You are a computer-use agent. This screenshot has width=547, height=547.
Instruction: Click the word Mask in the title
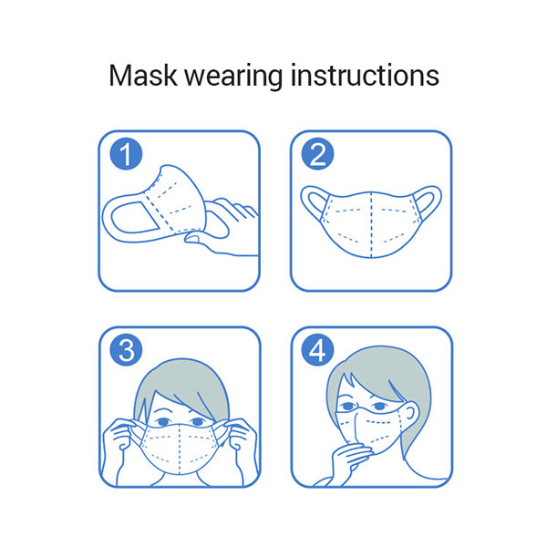(x=143, y=76)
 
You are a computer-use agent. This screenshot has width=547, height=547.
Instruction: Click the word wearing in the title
(x=233, y=77)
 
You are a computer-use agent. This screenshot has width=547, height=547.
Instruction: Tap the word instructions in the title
(x=365, y=76)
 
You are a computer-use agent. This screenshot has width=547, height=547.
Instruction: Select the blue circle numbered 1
(x=127, y=153)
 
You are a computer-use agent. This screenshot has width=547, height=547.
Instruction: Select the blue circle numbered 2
(x=317, y=153)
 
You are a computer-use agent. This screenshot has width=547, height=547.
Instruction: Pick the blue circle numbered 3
(x=127, y=349)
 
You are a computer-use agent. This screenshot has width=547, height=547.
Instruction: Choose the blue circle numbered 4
(x=317, y=349)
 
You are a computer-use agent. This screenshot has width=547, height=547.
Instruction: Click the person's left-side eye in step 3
(x=163, y=422)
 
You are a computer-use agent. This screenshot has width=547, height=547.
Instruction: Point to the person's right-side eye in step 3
(x=198, y=422)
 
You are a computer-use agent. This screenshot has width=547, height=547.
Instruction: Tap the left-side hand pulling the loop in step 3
(x=119, y=439)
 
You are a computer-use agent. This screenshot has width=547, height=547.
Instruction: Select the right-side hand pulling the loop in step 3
(x=241, y=439)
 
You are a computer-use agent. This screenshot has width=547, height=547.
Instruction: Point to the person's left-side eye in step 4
(x=347, y=407)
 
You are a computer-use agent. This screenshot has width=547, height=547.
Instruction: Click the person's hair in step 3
(x=181, y=380)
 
